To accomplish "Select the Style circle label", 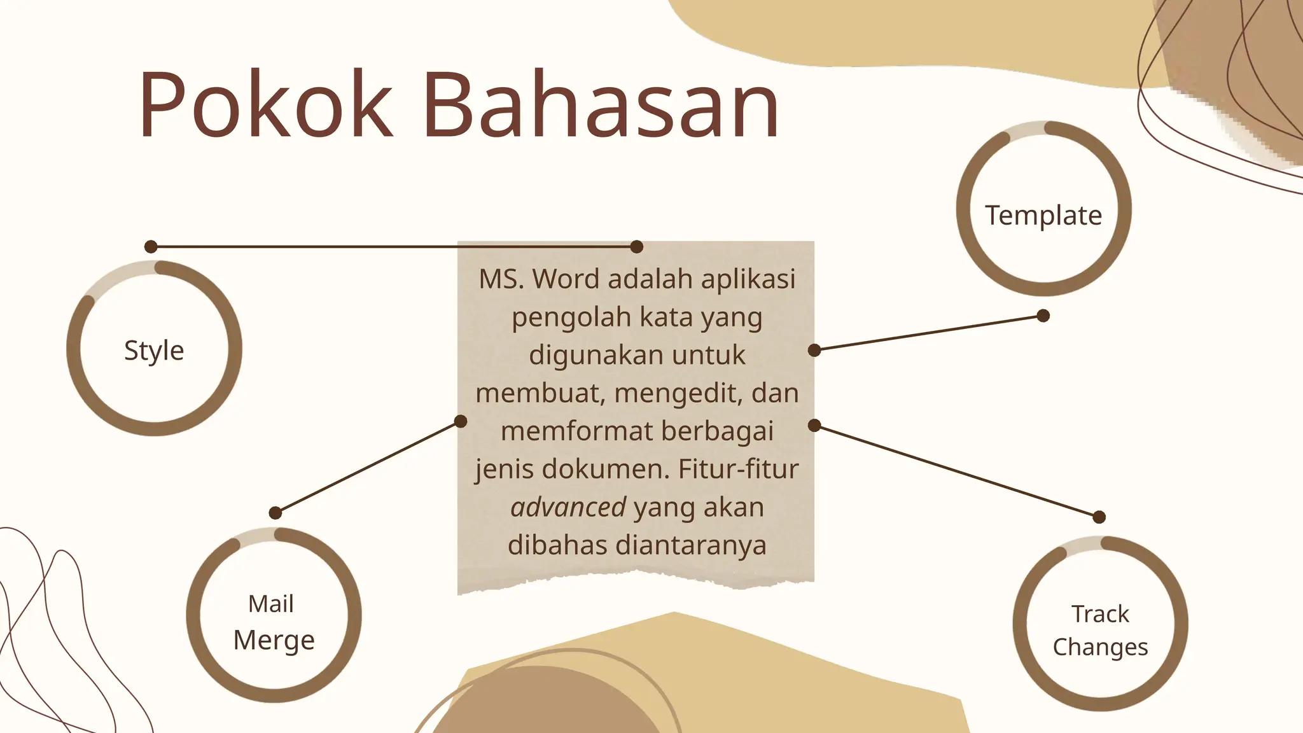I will pyautogui.click(x=154, y=351).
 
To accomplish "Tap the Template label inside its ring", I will pyautogui.click(x=1043, y=216).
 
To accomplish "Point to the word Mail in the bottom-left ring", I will pyautogui.click(x=271, y=604).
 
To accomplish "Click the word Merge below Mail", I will pyautogui.click(x=274, y=640).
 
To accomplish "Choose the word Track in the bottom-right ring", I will pyautogui.click(x=1100, y=614).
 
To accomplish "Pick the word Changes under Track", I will pyautogui.click(x=1100, y=647).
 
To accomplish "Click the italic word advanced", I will pyautogui.click(x=568, y=508).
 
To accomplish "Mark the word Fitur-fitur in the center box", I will pyautogui.click(x=738, y=470).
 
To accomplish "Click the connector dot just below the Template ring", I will pyautogui.click(x=1043, y=316).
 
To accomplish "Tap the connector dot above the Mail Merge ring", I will pyautogui.click(x=275, y=513).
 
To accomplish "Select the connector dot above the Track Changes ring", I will pyautogui.click(x=1099, y=517).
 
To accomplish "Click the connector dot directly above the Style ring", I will pyautogui.click(x=151, y=247).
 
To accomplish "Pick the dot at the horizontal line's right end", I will pyautogui.click(x=636, y=247).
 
